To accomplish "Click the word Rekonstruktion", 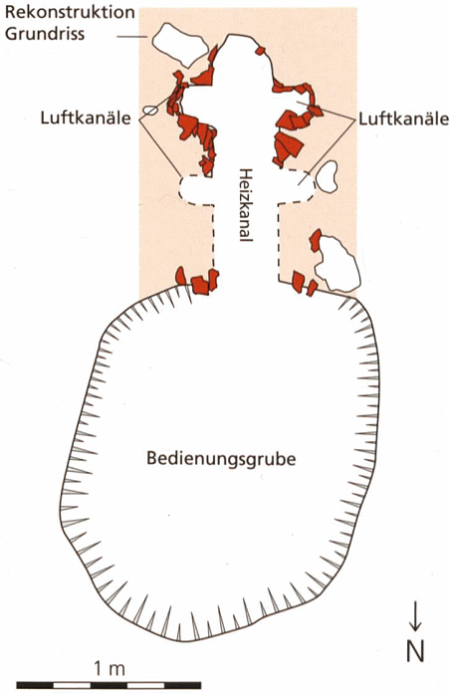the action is [70, 12].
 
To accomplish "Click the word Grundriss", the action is [45, 33].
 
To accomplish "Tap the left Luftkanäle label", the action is [86, 118].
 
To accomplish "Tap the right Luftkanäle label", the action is [403, 118].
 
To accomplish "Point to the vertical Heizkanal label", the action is [245, 205].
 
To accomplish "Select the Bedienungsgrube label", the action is [221, 459].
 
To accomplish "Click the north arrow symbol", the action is [414, 615].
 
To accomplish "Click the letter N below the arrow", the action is [415, 650].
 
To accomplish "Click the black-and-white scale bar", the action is [109, 686].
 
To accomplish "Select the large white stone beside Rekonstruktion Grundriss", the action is [179, 44].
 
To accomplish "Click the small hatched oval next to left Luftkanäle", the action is [150, 110].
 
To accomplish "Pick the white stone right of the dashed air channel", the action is [328, 176].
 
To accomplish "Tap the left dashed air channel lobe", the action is [196, 190].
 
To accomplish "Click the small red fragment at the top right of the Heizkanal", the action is [260, 51].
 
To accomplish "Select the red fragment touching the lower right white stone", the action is [316, 241].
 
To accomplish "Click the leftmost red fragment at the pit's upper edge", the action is [180, 275].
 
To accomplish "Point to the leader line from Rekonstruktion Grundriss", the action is [131, 37].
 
